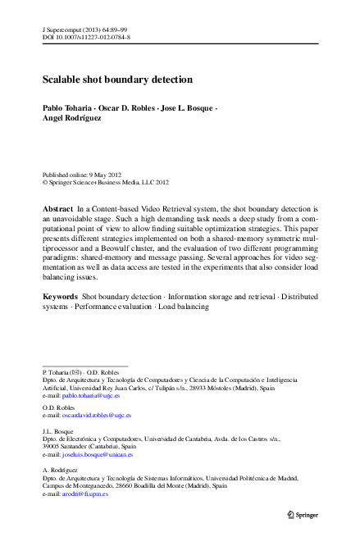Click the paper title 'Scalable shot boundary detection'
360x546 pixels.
point(117,80)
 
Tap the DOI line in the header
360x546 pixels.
point(86,37)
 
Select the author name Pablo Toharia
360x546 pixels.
point(66,108)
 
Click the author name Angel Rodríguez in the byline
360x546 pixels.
point(73,118)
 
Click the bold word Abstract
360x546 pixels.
point(57,210)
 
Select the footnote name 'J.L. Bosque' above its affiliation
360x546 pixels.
point(57,430)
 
